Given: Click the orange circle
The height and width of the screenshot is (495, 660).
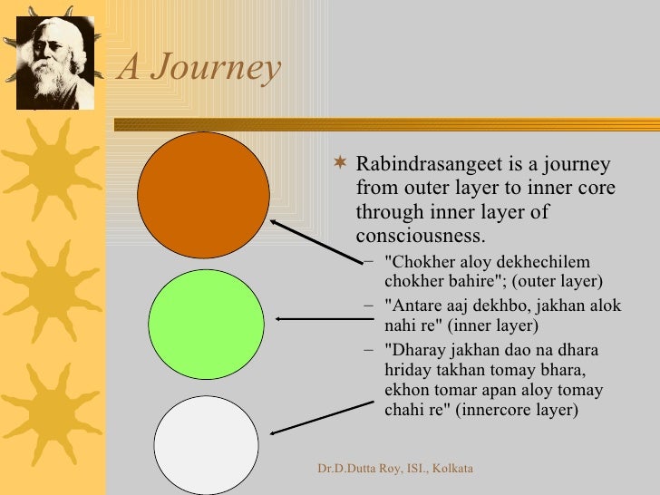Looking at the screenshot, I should point(203,195).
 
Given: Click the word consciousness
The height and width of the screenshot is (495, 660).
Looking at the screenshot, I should point(421,237).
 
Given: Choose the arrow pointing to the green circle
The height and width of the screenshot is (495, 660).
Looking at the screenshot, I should point(313,318).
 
